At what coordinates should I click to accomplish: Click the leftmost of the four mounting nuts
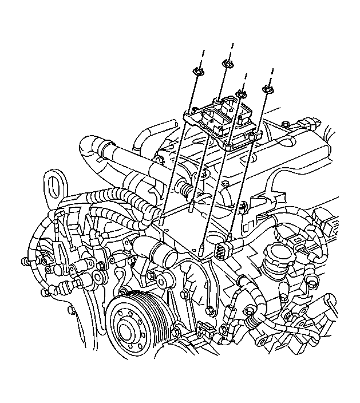click(198, 71)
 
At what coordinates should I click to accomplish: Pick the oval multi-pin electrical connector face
click(224, 250)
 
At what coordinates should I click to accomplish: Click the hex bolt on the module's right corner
click(252, 136)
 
